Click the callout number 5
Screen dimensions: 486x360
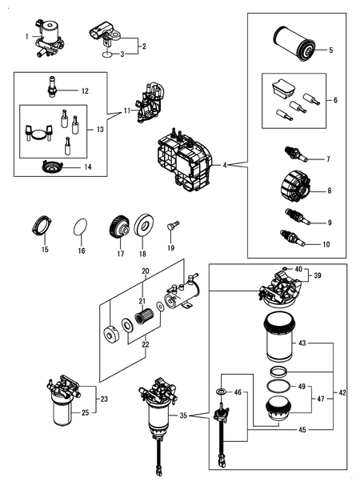tap(329, 50)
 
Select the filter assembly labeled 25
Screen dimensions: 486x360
tap(61, 408)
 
